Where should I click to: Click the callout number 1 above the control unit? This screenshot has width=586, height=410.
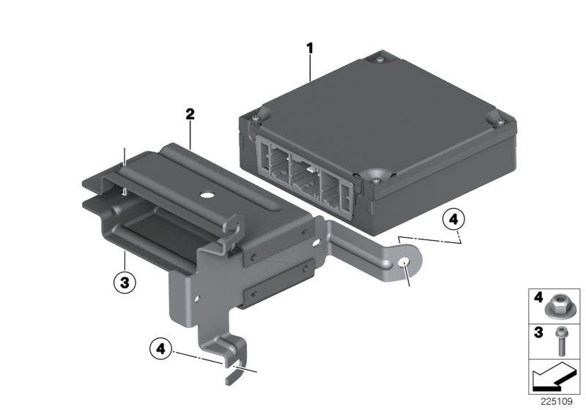[309, 48]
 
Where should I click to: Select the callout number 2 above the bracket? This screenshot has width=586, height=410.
[190, 114]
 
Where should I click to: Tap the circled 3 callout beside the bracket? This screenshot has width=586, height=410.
[125, 280]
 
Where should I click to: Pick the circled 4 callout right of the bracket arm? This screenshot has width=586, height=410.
[453, 218]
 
